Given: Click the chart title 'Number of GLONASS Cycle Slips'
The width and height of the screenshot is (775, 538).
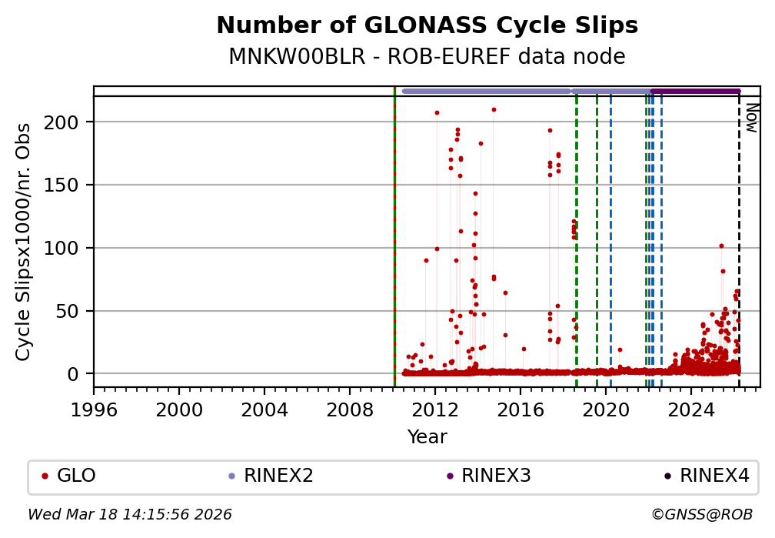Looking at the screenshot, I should click(x=427, y=26).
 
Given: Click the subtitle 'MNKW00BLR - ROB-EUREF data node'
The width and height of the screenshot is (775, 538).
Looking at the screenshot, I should click(x=427, y=57).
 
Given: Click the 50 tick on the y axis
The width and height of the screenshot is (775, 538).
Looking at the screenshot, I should click(x=77, y=311).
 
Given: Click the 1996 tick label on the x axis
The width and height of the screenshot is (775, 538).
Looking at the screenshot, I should click(x=94, y=408).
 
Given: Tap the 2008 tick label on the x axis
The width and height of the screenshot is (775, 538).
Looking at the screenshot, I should click(x=350, y=408).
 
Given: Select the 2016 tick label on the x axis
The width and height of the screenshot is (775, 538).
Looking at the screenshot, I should click(x=521, y=408).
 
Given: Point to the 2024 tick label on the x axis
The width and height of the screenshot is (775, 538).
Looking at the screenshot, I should click(x=691, y=408).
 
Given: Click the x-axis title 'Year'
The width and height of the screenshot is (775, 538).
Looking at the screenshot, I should click(x=427, y=437).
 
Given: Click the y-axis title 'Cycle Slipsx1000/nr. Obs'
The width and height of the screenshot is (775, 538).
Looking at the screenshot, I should click(x=24, y=242).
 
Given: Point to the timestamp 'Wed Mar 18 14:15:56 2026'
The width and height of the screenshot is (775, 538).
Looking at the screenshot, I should click(x=130, y=514).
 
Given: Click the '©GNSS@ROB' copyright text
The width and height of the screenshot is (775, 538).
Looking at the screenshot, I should click(x=701, y=514).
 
